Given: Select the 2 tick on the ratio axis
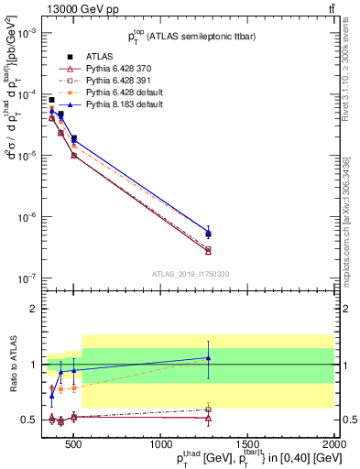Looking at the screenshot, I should click(31, 309).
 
